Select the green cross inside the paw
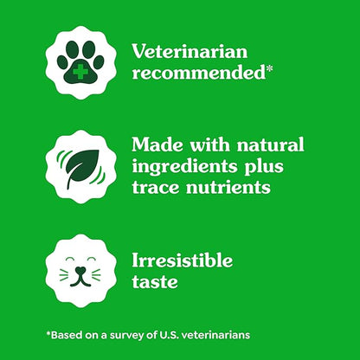pos(79,70)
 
